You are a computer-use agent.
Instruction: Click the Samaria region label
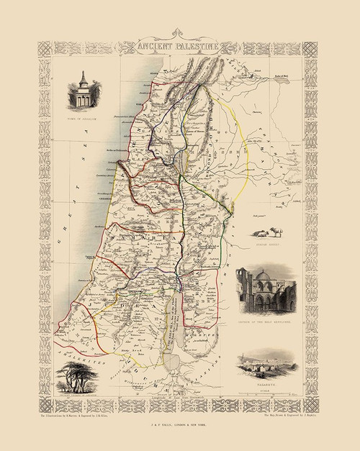[136, 236]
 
